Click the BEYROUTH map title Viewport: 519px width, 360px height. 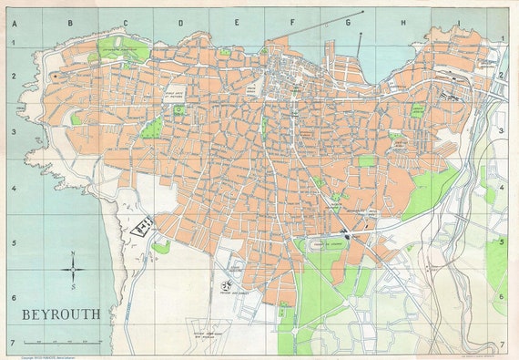(63, 314)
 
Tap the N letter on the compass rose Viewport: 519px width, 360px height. (74, 253)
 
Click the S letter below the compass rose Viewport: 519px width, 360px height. (74, 286)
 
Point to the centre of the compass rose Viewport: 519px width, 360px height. (74, 270)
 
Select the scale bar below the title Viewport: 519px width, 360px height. (61, 340)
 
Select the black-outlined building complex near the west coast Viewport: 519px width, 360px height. (142, 226)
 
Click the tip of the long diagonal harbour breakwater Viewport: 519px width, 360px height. (362, 13)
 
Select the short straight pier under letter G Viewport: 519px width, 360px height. (358, 43)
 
